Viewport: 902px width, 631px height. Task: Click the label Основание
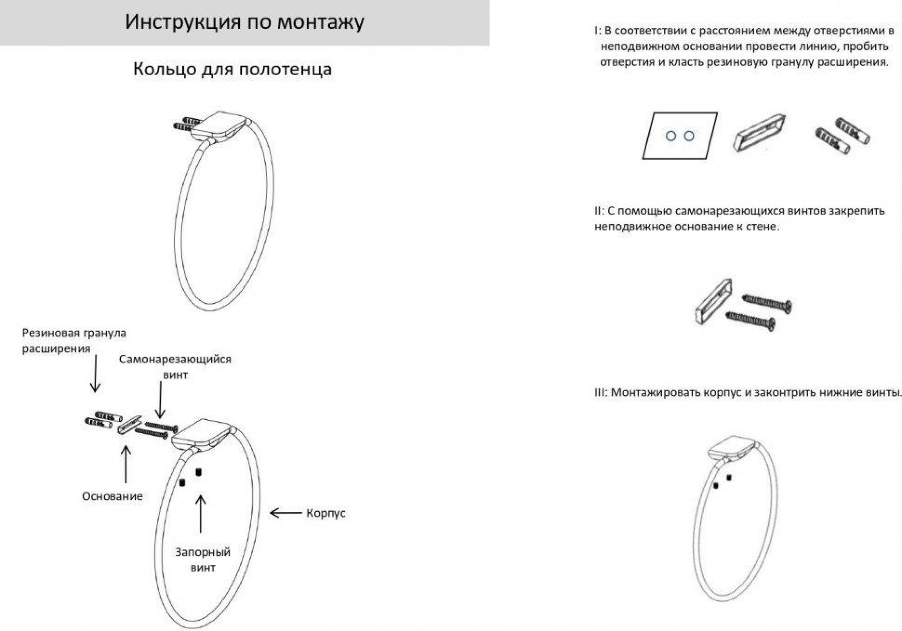[x=112, y=496]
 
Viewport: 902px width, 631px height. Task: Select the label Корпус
[x=326, y=513]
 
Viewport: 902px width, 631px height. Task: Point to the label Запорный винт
[x=202, y=560]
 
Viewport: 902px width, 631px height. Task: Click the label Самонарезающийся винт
[x=175, y=367]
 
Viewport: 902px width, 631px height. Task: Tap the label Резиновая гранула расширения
[x=74, y=341]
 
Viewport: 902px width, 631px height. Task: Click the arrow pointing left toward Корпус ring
[x=285, y=513]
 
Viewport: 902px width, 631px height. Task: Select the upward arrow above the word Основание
[x=126, y=464]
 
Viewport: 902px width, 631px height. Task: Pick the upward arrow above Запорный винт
[x=201, y=514]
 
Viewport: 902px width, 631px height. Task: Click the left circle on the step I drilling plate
[x=671, y=136]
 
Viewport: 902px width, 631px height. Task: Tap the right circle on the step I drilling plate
[x=689, y=135]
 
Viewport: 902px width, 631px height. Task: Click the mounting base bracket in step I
[x=759, y=133]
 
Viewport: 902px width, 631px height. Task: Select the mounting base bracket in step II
[x=713, y=302]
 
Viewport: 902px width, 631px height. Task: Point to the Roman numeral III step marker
[x=600, y=393]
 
